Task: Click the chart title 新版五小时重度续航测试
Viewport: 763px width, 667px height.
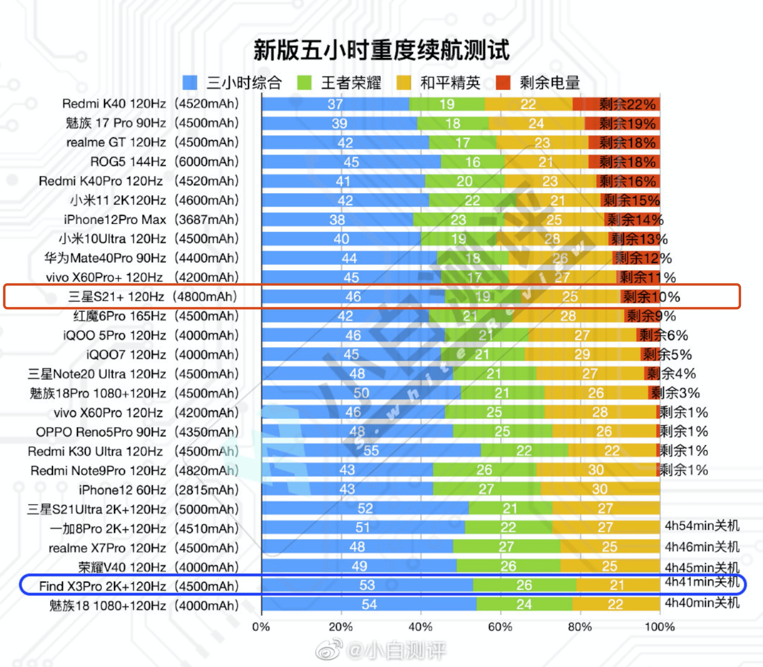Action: click(381, 50)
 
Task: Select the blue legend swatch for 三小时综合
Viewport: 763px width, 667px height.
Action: click(190, 83)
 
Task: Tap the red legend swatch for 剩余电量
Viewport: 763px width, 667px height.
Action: click(503, 83)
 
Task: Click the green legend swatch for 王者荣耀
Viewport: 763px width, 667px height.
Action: click(304, 83)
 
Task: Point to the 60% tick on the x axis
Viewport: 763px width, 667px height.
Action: click(500, 627)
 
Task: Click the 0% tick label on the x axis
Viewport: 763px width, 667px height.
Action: click(261, 627)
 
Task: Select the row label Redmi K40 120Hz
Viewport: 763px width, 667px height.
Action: click(114, 104)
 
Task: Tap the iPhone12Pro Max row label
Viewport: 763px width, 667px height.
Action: click(115, 219)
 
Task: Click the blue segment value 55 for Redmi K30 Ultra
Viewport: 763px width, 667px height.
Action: click(371, 451)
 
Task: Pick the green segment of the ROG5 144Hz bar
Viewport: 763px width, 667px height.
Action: click(473, 162)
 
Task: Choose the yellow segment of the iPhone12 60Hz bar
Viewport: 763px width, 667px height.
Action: click(600, 489)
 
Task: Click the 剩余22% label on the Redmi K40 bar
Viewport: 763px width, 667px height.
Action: click(627, 104)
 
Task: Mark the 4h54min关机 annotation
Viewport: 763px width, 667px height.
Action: click(702, 525)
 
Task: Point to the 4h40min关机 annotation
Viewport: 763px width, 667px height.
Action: click(702, 603)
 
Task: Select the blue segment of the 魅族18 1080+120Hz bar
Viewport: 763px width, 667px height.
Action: click(369, 604)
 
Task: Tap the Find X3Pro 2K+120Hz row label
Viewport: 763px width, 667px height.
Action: click(103, 586)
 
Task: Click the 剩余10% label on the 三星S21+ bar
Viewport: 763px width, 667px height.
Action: click(651, 297)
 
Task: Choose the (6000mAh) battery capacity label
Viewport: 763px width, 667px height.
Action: click(207, 162)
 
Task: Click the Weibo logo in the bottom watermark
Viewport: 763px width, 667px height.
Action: click(329, 649)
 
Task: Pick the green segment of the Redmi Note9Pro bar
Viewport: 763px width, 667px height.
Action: click(484, 470)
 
